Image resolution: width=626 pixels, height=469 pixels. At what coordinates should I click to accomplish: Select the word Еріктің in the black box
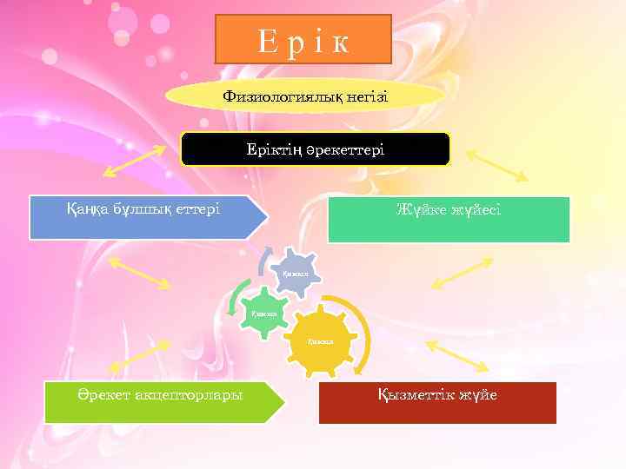point(273,149)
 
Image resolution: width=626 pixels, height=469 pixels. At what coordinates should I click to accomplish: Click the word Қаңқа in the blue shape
point(86,209)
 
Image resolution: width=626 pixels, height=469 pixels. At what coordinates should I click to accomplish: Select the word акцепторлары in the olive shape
point(187,395)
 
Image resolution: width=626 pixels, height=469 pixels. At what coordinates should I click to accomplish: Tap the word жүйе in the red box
point(477,395)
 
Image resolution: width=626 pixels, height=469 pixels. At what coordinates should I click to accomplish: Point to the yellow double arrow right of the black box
point(496,165)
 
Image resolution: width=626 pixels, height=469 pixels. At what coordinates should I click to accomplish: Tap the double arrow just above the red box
point(458,355)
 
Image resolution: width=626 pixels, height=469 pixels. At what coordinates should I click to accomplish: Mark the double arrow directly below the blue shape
point(140,274)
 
